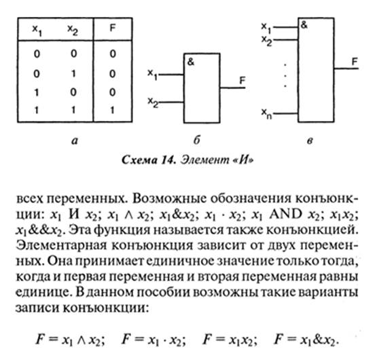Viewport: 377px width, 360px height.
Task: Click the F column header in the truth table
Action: coord(113,28)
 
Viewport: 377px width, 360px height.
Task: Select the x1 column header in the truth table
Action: coord(37,31)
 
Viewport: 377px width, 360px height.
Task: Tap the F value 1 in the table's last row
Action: coord(112,110)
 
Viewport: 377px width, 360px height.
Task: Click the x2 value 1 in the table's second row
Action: coord(73,73)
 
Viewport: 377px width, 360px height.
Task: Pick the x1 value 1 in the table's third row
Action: coord(37,92)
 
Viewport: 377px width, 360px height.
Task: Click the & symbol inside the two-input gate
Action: coord(191,62)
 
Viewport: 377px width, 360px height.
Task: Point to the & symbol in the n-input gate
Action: coord(304,25)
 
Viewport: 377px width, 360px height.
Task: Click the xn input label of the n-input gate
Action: coord(266,113)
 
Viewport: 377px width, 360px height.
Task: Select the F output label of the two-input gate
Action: coord(243,80)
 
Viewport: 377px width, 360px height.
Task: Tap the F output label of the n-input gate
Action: coord(355,62)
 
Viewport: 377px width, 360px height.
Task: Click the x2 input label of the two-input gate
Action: coord(153,102)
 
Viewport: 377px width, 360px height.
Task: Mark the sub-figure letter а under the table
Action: coord(75,141)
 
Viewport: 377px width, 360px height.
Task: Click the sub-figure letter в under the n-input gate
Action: coord(310,141)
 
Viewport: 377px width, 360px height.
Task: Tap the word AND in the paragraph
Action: coord(286,214)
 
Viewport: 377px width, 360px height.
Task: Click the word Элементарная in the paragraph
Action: coord(61,246)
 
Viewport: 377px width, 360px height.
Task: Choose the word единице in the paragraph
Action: coord(43,293)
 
